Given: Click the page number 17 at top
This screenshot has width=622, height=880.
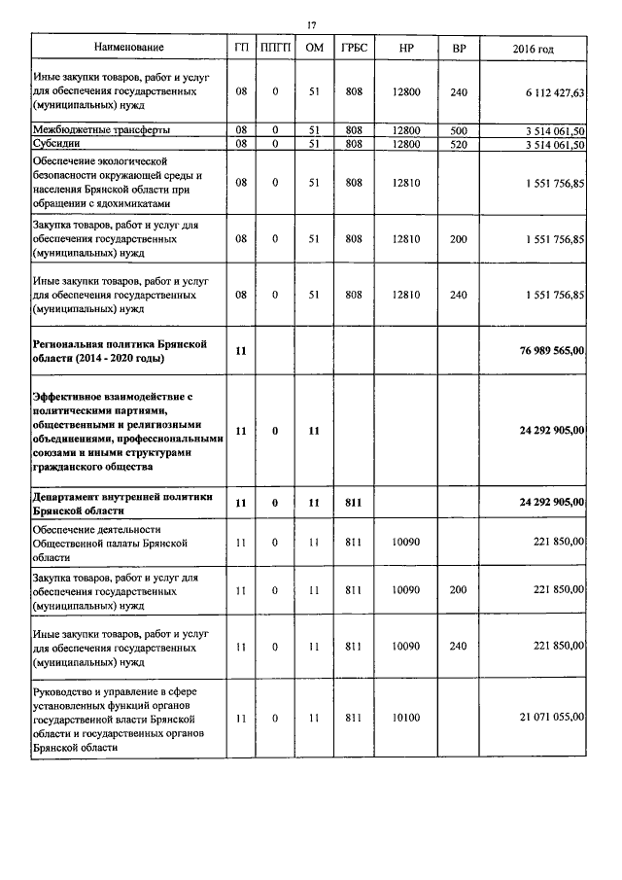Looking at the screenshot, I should [x=312, y=24].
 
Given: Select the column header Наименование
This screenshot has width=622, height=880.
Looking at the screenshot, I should [x=128, y=48].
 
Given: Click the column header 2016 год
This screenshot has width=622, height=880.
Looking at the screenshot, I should [x=533, y=48].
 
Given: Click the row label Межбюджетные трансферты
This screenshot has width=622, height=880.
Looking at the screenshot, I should [x=88, y=130].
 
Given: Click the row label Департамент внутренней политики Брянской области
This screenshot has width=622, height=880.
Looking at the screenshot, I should [x=122, y=503].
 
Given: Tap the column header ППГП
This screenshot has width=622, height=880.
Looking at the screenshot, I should [x=275, y=48].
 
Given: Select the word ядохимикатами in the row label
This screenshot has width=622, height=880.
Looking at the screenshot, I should [x=125, y=204].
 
